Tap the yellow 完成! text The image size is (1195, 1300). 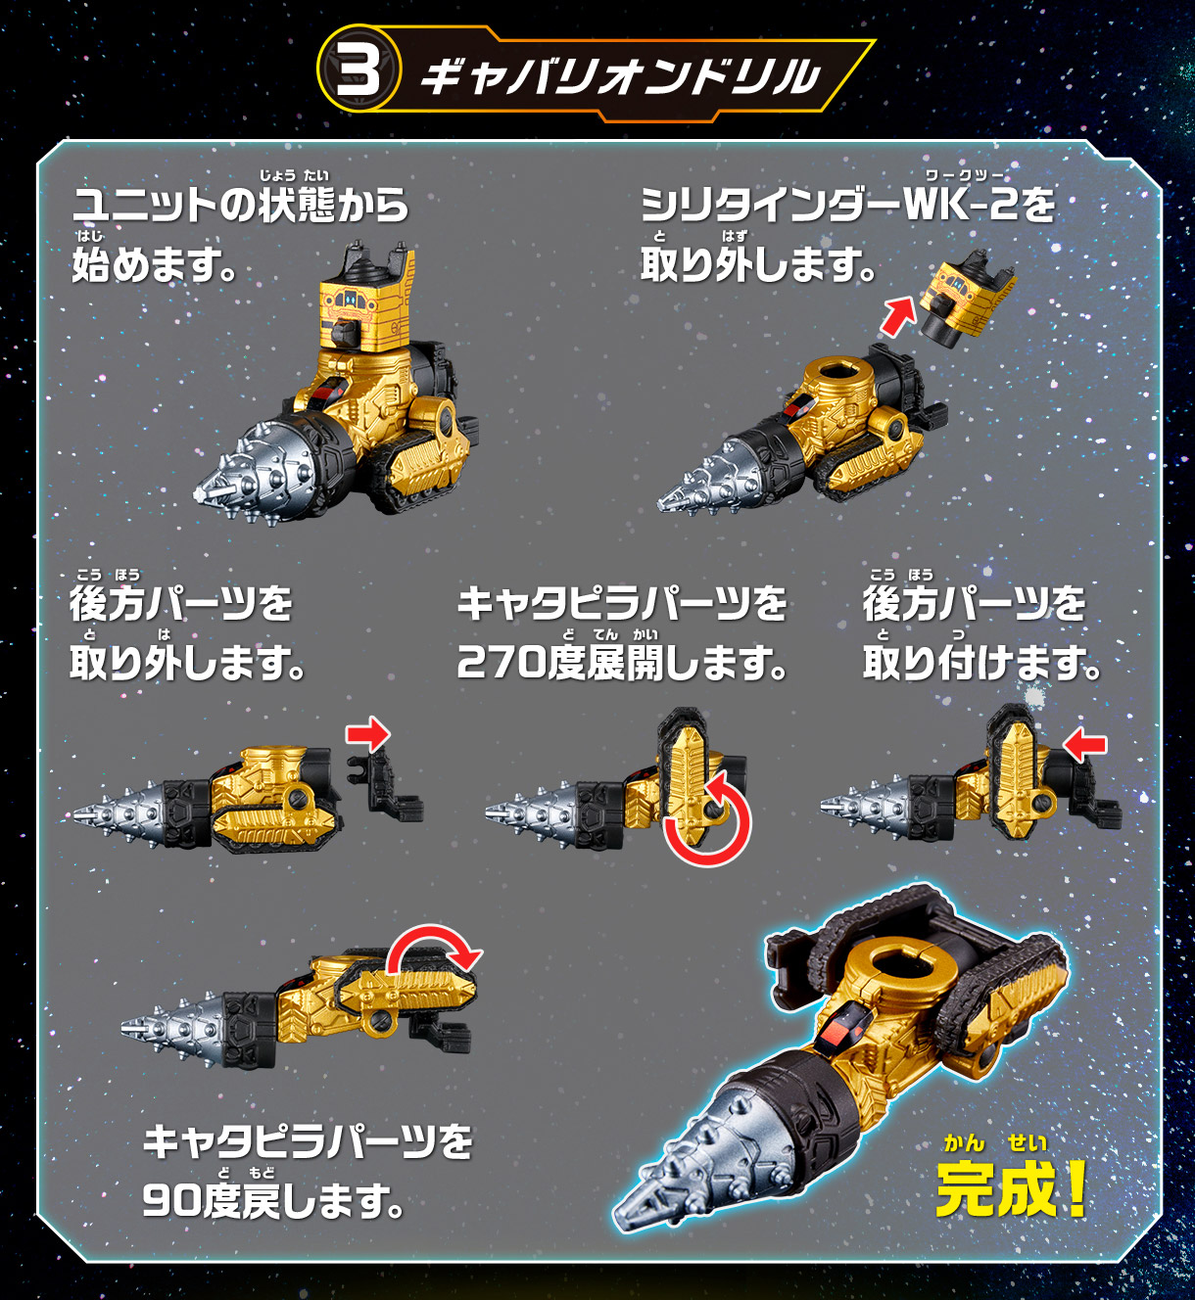click(1011, 1187)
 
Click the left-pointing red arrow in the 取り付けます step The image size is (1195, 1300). click(1085, 746)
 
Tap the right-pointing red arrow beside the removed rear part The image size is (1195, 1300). click(367, 734)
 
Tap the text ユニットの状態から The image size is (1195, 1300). click(240, 205)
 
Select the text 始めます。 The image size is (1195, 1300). click(154, 264)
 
